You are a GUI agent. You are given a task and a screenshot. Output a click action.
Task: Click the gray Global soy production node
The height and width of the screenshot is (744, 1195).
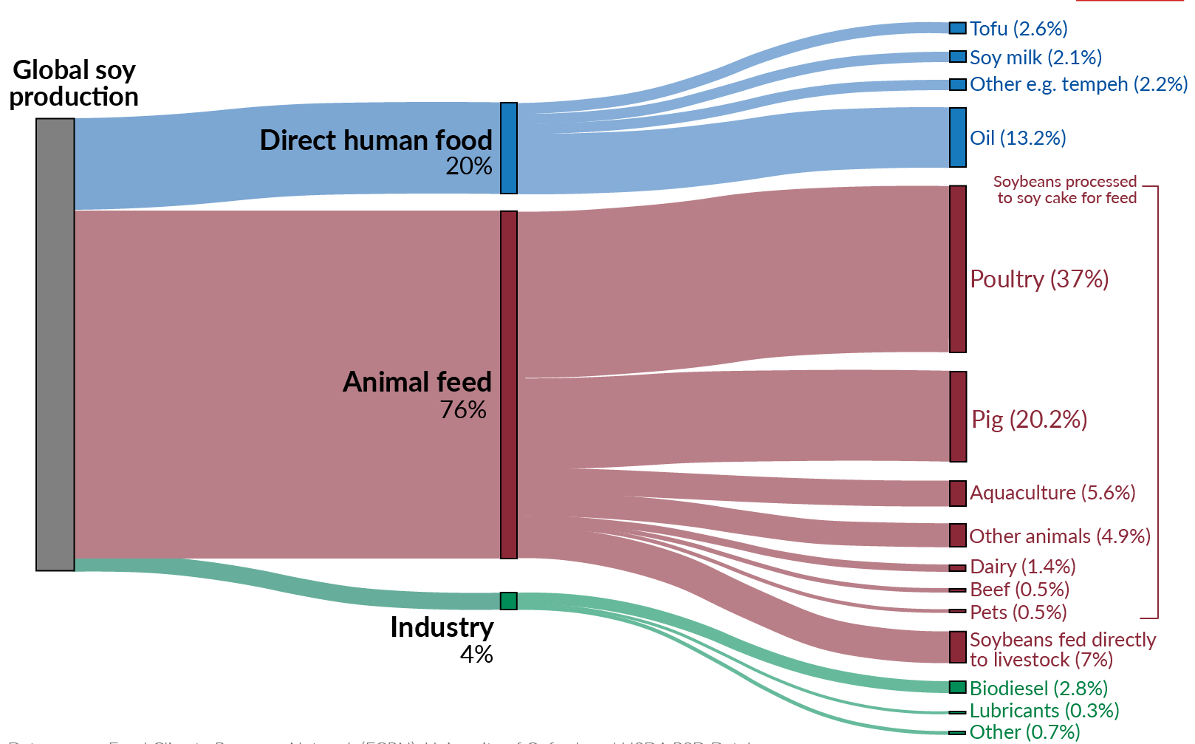pyautogui.click(x=55, y=344)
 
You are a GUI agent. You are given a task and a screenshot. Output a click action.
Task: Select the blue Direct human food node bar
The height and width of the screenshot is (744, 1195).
pyautogui.click(x=509, y=148)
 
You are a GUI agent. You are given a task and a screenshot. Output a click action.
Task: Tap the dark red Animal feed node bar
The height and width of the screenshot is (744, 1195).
pyautogui.click(x=509, y=384)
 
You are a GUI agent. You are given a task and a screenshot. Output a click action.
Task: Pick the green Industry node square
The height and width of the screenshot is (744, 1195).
pyautogui.click(x=509, y=601)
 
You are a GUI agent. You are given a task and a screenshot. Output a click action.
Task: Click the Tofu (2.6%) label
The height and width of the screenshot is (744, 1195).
pyautogui.click(x=1018, y=29)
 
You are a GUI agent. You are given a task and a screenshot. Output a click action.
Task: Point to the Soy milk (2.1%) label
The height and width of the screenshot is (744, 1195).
pyautogui.click(x=1035, y=58)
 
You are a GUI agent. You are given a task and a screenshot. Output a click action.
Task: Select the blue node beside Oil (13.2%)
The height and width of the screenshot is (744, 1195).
pyautogui.click(x=958, y=137)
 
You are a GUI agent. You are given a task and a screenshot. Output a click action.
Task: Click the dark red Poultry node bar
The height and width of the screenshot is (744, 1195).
pyautogui.click(x=958, y=269)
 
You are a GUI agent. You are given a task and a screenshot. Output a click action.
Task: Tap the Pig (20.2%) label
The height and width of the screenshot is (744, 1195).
pyautogui.click(x=1029, y=420)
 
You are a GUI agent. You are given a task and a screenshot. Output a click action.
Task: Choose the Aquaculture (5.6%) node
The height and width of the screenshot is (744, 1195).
pyautogui.click(x=958, y=494)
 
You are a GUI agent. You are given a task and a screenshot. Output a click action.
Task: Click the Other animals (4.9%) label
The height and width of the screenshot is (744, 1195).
pyautogui.click(x=1060, y=536)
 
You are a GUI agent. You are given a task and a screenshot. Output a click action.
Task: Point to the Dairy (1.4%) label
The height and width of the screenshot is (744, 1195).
pyautogui.click(x=1023, y=567)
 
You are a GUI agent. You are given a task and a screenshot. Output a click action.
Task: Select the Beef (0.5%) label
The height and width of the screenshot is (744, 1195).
pyautogui.click(x=1019, y=590)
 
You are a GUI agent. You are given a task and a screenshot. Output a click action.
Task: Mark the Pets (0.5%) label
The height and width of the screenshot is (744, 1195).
pyautogui.click(x=1018, y=612)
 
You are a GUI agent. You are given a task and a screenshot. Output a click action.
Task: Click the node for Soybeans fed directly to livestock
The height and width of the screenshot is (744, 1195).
pyautogui.click(x=958, y=647)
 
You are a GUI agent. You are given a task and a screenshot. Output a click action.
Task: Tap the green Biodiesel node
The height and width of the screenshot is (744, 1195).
pyautogui.click(x=958, y=687)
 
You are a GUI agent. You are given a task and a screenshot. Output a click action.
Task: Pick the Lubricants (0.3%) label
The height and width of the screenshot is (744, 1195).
pyautogui.click(x=1044, y=711)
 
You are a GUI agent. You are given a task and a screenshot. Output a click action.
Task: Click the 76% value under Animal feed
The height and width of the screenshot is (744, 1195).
pyautogui.click(x=463, y=409)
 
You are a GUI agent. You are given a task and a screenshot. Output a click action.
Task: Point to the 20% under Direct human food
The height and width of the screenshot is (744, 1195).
pyautogui.click(x=468, y=166)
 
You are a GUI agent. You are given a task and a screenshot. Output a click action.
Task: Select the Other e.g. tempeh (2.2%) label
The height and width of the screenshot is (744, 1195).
pyautogui.click(x=1078, y=84)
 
